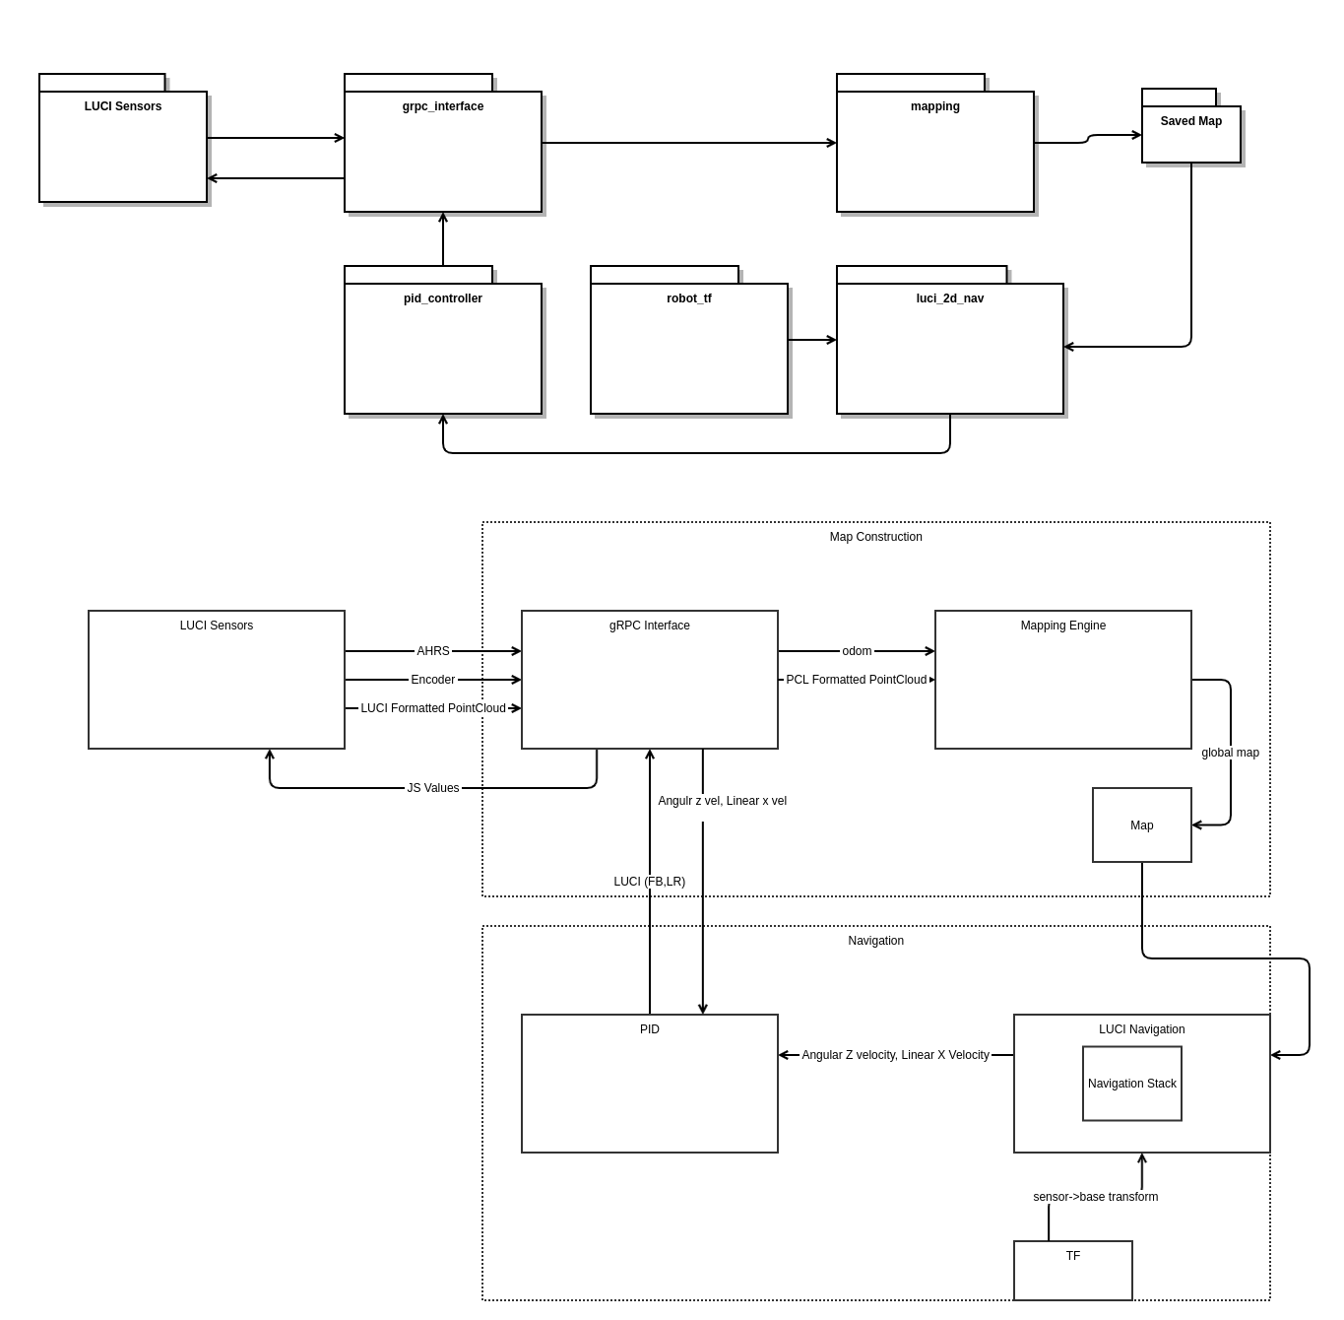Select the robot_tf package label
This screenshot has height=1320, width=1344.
coord(688,298)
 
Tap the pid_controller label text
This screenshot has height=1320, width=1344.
coord(442,298)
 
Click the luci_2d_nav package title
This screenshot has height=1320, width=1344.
coord(949,298)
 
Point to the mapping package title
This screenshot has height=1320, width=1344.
coord(934,106)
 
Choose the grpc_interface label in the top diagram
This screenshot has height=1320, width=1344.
coord(442,106)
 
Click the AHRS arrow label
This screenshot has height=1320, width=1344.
coord(432,650)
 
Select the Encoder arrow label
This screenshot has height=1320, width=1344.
coord(432,679)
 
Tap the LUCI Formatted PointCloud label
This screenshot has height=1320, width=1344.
coord(432,708)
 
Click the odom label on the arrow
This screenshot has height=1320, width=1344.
coord(857,650)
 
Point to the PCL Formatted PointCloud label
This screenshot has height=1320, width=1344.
coord(856,679)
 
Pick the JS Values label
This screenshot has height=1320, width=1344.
coord(432,787)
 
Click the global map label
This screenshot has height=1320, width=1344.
coord(1230,753)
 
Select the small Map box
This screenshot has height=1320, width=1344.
coord(1141,825)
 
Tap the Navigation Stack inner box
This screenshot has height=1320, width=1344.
coord(1131,1083)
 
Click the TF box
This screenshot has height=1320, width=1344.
coord(1072,1270)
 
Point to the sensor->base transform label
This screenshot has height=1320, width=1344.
coord(1095,1197)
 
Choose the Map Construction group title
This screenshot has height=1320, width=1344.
coord(875,536)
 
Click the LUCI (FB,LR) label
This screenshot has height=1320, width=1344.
coord(649,881)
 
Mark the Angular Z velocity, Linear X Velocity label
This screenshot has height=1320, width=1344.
coord(895,1055)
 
